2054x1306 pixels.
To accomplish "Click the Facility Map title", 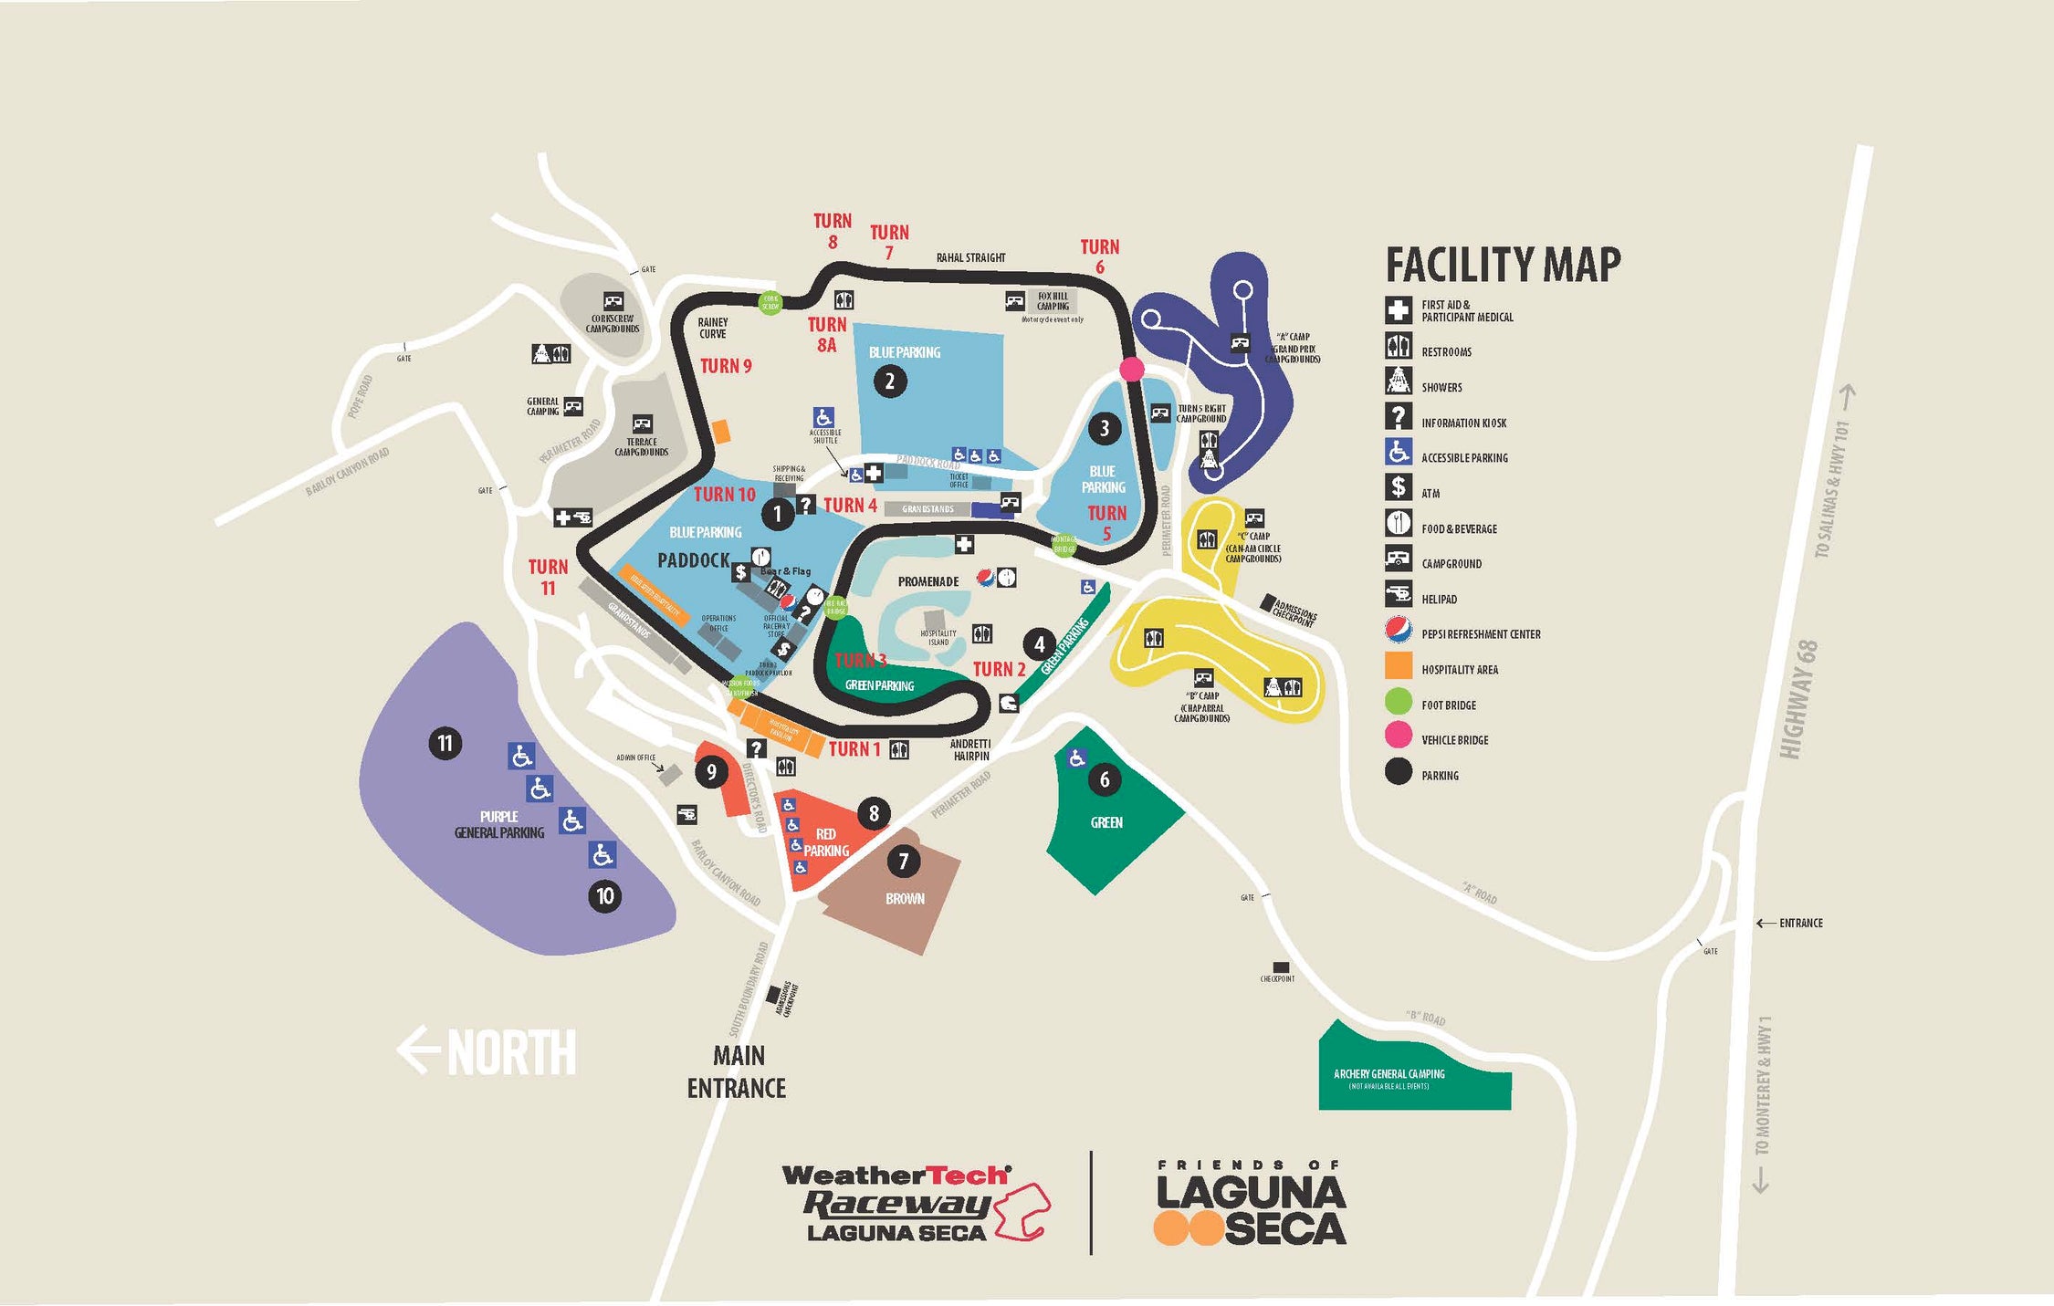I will click(1503, 266).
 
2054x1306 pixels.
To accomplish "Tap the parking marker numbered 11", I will click(445, 743).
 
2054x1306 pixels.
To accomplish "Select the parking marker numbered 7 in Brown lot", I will click(903, 861).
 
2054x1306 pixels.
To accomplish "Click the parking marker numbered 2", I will click(889, 381).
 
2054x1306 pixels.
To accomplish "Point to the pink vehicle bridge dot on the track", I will click(1131, 369).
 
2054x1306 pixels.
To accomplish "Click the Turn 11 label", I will click(548, 577).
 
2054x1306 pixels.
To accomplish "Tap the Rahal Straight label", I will click(970, 258).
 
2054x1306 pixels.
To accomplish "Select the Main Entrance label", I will click(737, 1071).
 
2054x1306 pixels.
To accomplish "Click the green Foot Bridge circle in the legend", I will click(1398, 701).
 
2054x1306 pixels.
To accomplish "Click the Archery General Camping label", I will click(1389, 1074).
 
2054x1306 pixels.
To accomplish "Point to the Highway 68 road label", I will click(1797, 699).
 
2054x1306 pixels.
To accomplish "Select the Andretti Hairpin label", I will click(970, 749).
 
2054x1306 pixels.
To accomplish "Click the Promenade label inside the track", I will click(927, 581).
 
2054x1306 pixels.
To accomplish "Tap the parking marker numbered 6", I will click(1105, 779).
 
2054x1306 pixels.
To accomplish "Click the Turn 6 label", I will click(1099, 256).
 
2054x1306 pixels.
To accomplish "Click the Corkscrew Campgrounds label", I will click(613, 324).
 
